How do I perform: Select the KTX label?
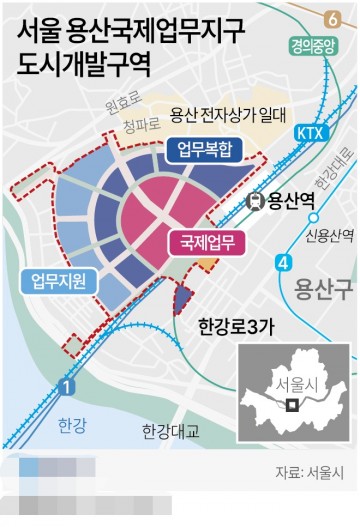[x=283, y=132]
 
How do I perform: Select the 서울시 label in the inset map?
[x=270, y=385]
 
